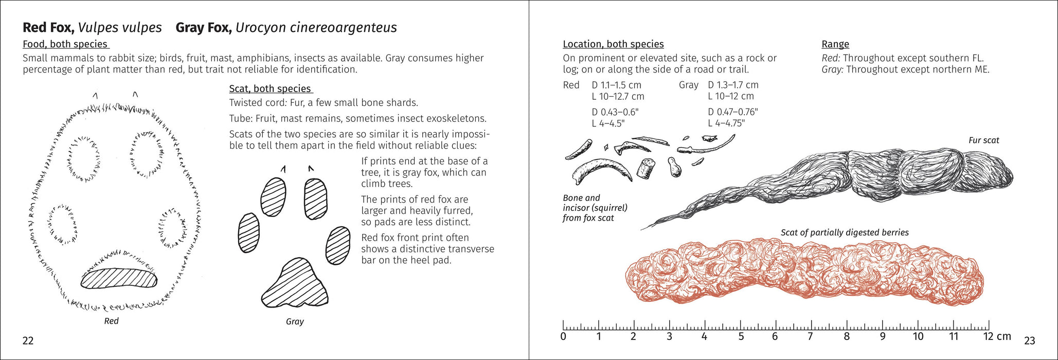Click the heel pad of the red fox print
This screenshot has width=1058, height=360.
pos(119,279)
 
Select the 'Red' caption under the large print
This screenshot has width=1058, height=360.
pos(111,321)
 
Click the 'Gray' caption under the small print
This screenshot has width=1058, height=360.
pos(295,321)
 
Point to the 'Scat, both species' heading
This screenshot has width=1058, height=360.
pos(270,88)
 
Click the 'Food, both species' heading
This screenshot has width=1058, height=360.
pos(65,44)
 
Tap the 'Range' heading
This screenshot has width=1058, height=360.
pos(835,44)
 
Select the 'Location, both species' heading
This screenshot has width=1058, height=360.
pos(613,44)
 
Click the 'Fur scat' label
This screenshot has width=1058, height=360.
pos(983,140)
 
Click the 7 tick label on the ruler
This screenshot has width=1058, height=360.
pos(810,337)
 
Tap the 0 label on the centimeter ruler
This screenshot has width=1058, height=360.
pos(563,337)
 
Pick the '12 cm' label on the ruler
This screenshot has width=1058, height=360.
pos(997,336)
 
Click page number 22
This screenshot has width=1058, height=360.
pos(28,340)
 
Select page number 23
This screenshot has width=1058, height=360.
pos(1030,340)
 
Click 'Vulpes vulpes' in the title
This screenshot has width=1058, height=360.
pos(120,27)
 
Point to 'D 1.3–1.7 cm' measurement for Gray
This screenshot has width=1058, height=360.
pos(733,85)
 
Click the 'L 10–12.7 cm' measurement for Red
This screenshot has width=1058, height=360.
pos(618,96)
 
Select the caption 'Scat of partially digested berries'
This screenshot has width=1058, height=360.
pos(845,232)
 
